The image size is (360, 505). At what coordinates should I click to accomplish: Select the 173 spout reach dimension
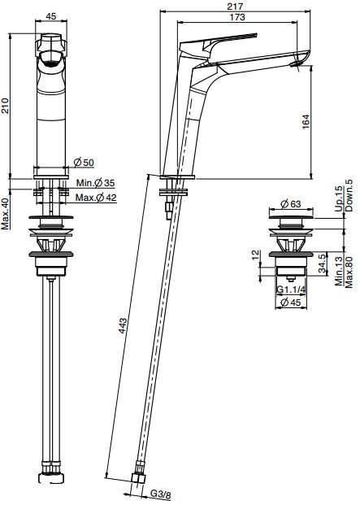tap(237, 17)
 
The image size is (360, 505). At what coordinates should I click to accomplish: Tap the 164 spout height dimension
tap(306, 122)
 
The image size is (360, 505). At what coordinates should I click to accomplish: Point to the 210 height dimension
tap(6, 106)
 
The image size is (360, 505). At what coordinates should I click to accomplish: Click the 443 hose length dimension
tap(123, 326)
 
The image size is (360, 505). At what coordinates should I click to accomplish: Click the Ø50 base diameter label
tap(84, 163)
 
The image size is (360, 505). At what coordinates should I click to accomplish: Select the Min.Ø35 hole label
tap(95, 183)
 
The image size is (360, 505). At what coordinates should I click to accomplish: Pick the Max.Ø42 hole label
tap(96, 198)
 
